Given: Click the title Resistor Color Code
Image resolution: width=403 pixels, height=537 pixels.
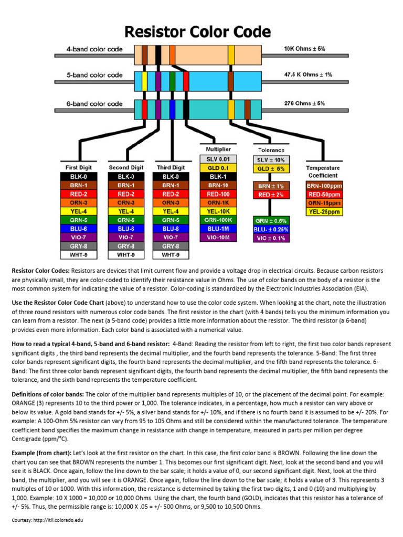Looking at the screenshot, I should (197, 33).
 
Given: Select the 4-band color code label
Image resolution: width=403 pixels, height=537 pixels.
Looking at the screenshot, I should (94, 49).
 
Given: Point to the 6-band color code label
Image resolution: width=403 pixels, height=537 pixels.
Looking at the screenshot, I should (94, 104).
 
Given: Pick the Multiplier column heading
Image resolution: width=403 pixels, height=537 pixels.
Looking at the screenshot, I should (218, 149).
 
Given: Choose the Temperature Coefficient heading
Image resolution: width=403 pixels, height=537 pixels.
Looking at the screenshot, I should (323, 172).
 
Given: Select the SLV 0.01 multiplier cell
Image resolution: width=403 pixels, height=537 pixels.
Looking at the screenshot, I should (218, 159).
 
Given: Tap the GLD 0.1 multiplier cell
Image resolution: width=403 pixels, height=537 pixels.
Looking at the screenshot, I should (218, 168).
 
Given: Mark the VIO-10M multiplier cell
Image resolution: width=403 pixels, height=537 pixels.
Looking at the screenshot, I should (218, 238).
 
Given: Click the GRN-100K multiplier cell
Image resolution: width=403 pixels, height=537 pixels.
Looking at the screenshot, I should (218, 220).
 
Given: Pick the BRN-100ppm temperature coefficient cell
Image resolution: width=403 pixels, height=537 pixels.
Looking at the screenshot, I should (323, 186).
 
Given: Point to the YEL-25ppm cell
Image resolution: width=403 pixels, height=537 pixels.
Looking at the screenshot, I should (323, 212).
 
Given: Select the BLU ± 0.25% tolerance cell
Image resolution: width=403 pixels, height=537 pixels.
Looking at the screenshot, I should (271, 229).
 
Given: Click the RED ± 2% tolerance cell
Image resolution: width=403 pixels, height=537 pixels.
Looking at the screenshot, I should (271, 195).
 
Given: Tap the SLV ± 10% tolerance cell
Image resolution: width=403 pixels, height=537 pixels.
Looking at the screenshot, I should (271, 159).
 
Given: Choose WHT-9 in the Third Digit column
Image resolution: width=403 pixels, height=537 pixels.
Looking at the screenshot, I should (171, 255).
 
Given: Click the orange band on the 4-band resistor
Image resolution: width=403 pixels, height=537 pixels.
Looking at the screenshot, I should (172, 55).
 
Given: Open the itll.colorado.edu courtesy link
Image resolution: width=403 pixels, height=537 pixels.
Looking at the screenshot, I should (57, 520).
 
